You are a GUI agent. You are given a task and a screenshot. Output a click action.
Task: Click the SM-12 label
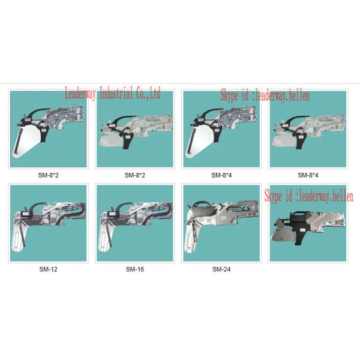48,269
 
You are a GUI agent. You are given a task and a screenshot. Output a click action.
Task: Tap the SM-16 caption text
135,269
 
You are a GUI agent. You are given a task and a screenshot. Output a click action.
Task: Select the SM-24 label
221,269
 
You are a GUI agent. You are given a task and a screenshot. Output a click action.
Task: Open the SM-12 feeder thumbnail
49,223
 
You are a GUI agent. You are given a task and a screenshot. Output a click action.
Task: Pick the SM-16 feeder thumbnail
135,223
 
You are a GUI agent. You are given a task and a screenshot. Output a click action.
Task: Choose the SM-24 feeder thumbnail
221,223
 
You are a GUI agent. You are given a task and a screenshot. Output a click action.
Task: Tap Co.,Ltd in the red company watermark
148,93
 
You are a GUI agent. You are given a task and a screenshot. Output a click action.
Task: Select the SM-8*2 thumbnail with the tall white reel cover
49,129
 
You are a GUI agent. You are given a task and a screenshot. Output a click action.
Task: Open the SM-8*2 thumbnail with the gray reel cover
135,129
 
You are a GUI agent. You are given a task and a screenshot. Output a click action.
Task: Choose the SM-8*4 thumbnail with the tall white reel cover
221,129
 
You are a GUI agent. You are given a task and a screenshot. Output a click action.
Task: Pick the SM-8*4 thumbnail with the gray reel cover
308,129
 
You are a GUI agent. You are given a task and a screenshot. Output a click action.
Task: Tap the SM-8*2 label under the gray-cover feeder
135,176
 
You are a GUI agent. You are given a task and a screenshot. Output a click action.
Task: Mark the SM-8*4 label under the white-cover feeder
221,176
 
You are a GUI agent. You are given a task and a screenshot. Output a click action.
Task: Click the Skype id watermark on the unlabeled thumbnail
308,196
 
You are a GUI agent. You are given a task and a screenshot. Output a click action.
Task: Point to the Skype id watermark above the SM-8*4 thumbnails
265,95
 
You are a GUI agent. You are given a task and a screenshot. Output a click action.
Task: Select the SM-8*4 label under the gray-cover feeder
308,176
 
